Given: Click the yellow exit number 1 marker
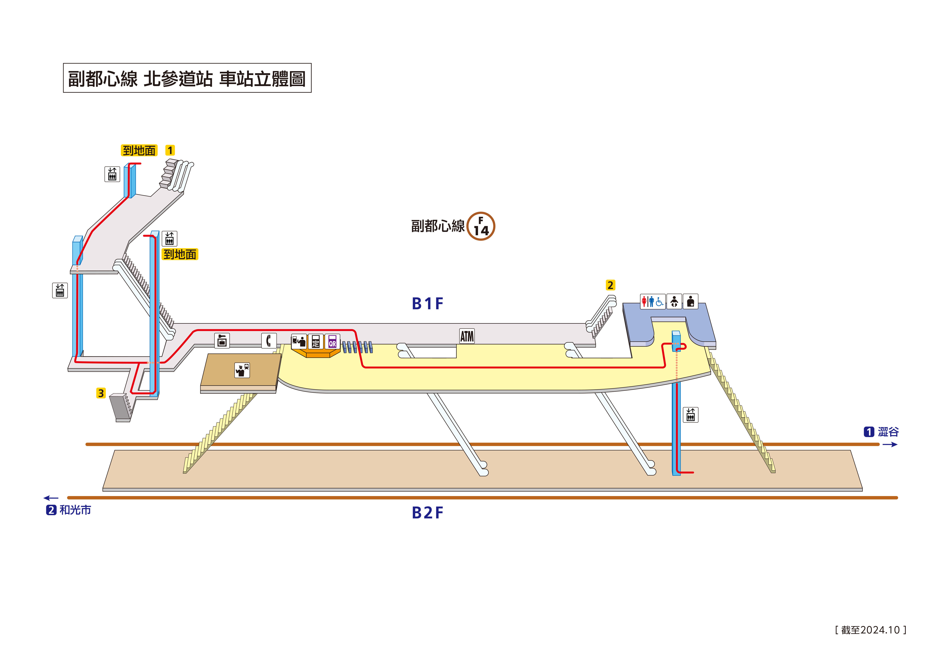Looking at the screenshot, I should tap(170, 150).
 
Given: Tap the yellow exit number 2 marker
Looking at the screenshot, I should tap(610, 285).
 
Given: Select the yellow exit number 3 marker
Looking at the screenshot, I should tap(101, 393).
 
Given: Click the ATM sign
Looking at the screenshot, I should tap(467, 336).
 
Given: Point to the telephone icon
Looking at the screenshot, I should tap(269, 340).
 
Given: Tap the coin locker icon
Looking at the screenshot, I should tap(222, 340).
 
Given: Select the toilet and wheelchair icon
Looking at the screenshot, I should tap(652, 302).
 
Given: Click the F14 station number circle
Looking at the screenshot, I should tap(481, 226).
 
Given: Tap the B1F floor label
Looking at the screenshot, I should tap(428, 304).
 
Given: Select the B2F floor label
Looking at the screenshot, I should tap(428, 513).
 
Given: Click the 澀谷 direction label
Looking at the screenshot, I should tap(888, 432).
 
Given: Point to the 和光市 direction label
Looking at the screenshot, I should tap(75, 510).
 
